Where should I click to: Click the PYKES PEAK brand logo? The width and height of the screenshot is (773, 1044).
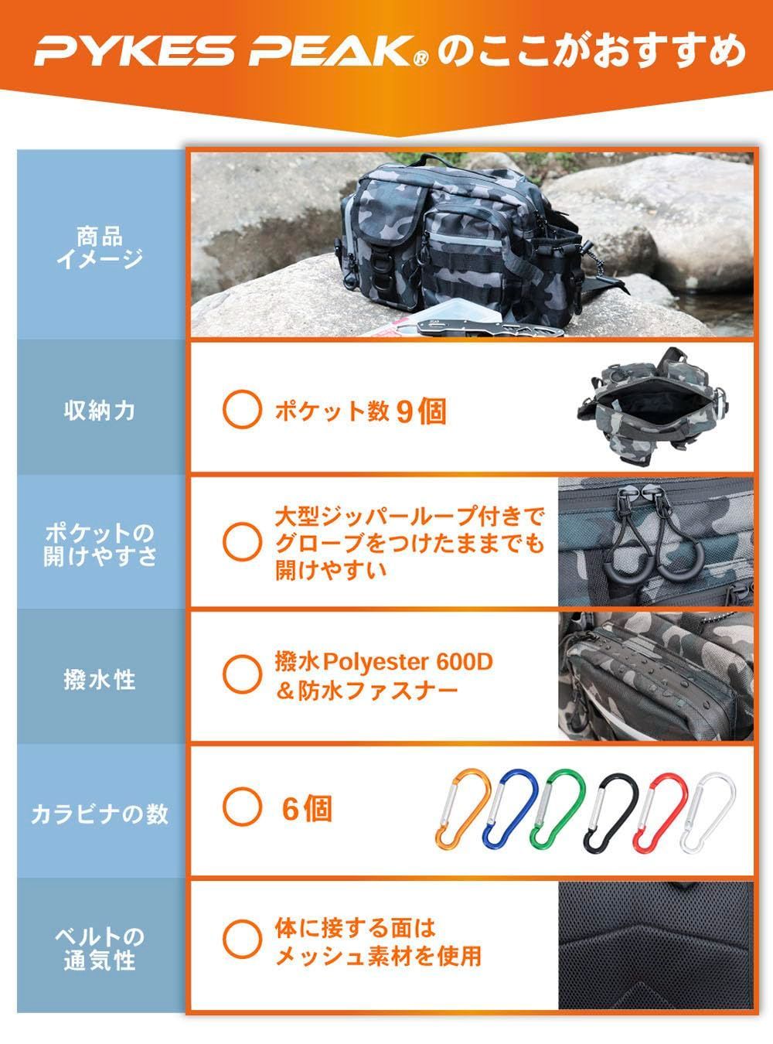point(231,50)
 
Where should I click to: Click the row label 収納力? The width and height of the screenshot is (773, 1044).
point(100,411)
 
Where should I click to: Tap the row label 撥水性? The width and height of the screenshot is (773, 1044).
point(100,680)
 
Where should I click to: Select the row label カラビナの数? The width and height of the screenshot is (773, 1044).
point(100,814)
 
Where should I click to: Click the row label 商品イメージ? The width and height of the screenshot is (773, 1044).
point(100,247)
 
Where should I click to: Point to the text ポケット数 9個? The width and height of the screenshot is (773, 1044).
point(360,411)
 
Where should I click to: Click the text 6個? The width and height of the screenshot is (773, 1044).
point(307,809)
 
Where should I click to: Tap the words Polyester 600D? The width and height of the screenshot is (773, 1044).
point(408,662)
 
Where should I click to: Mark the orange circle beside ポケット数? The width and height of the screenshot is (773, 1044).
point(242,408)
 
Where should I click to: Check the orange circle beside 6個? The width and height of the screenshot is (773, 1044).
point(242,807)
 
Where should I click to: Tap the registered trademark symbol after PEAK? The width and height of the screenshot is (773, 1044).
point(421,59)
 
